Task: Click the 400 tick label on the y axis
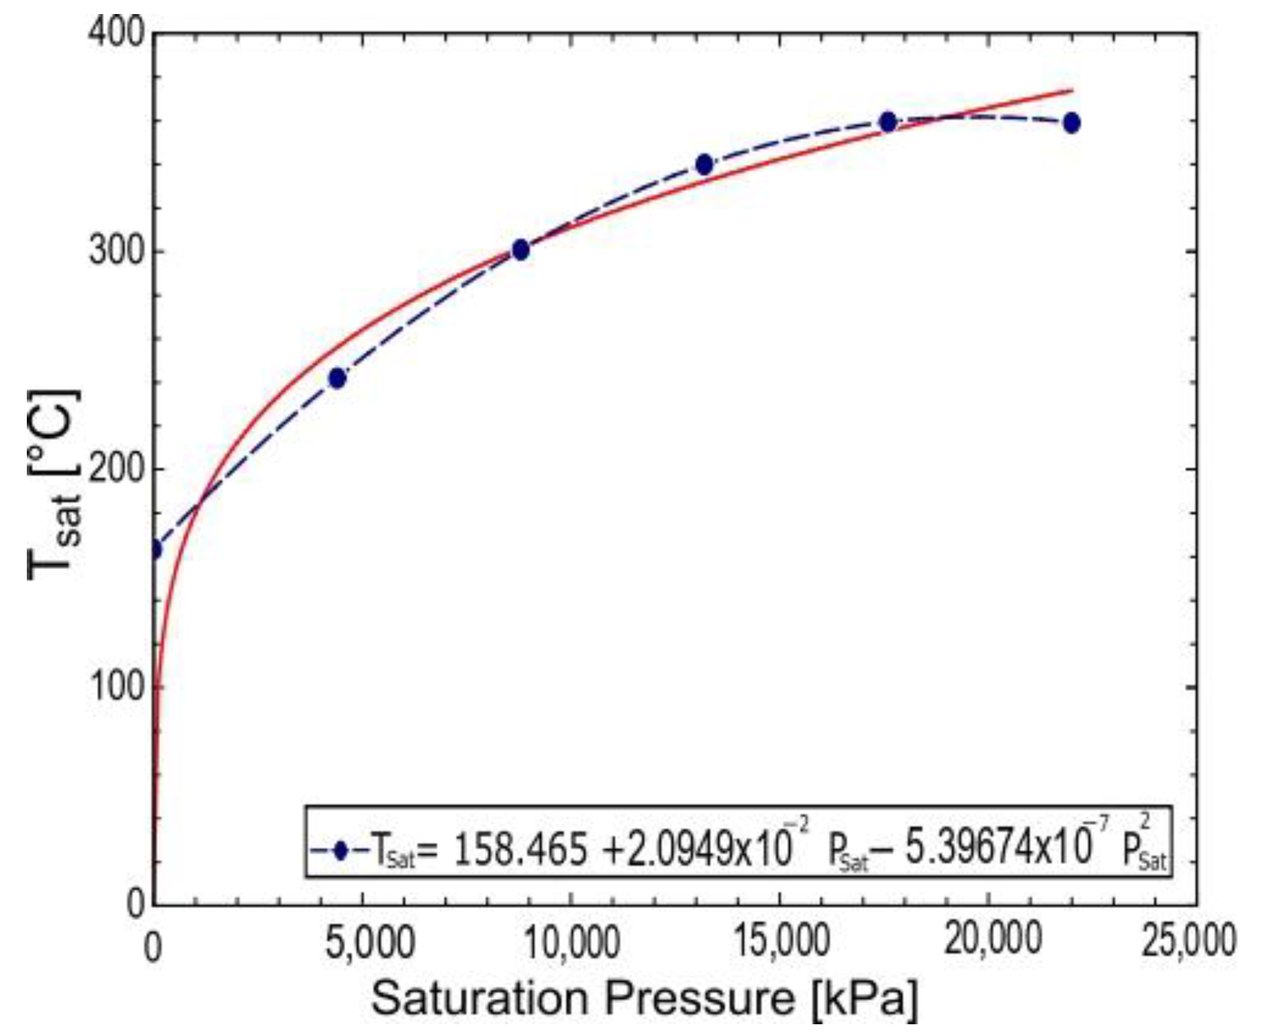[116, 30]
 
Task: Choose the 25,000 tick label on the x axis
[1188, 942]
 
